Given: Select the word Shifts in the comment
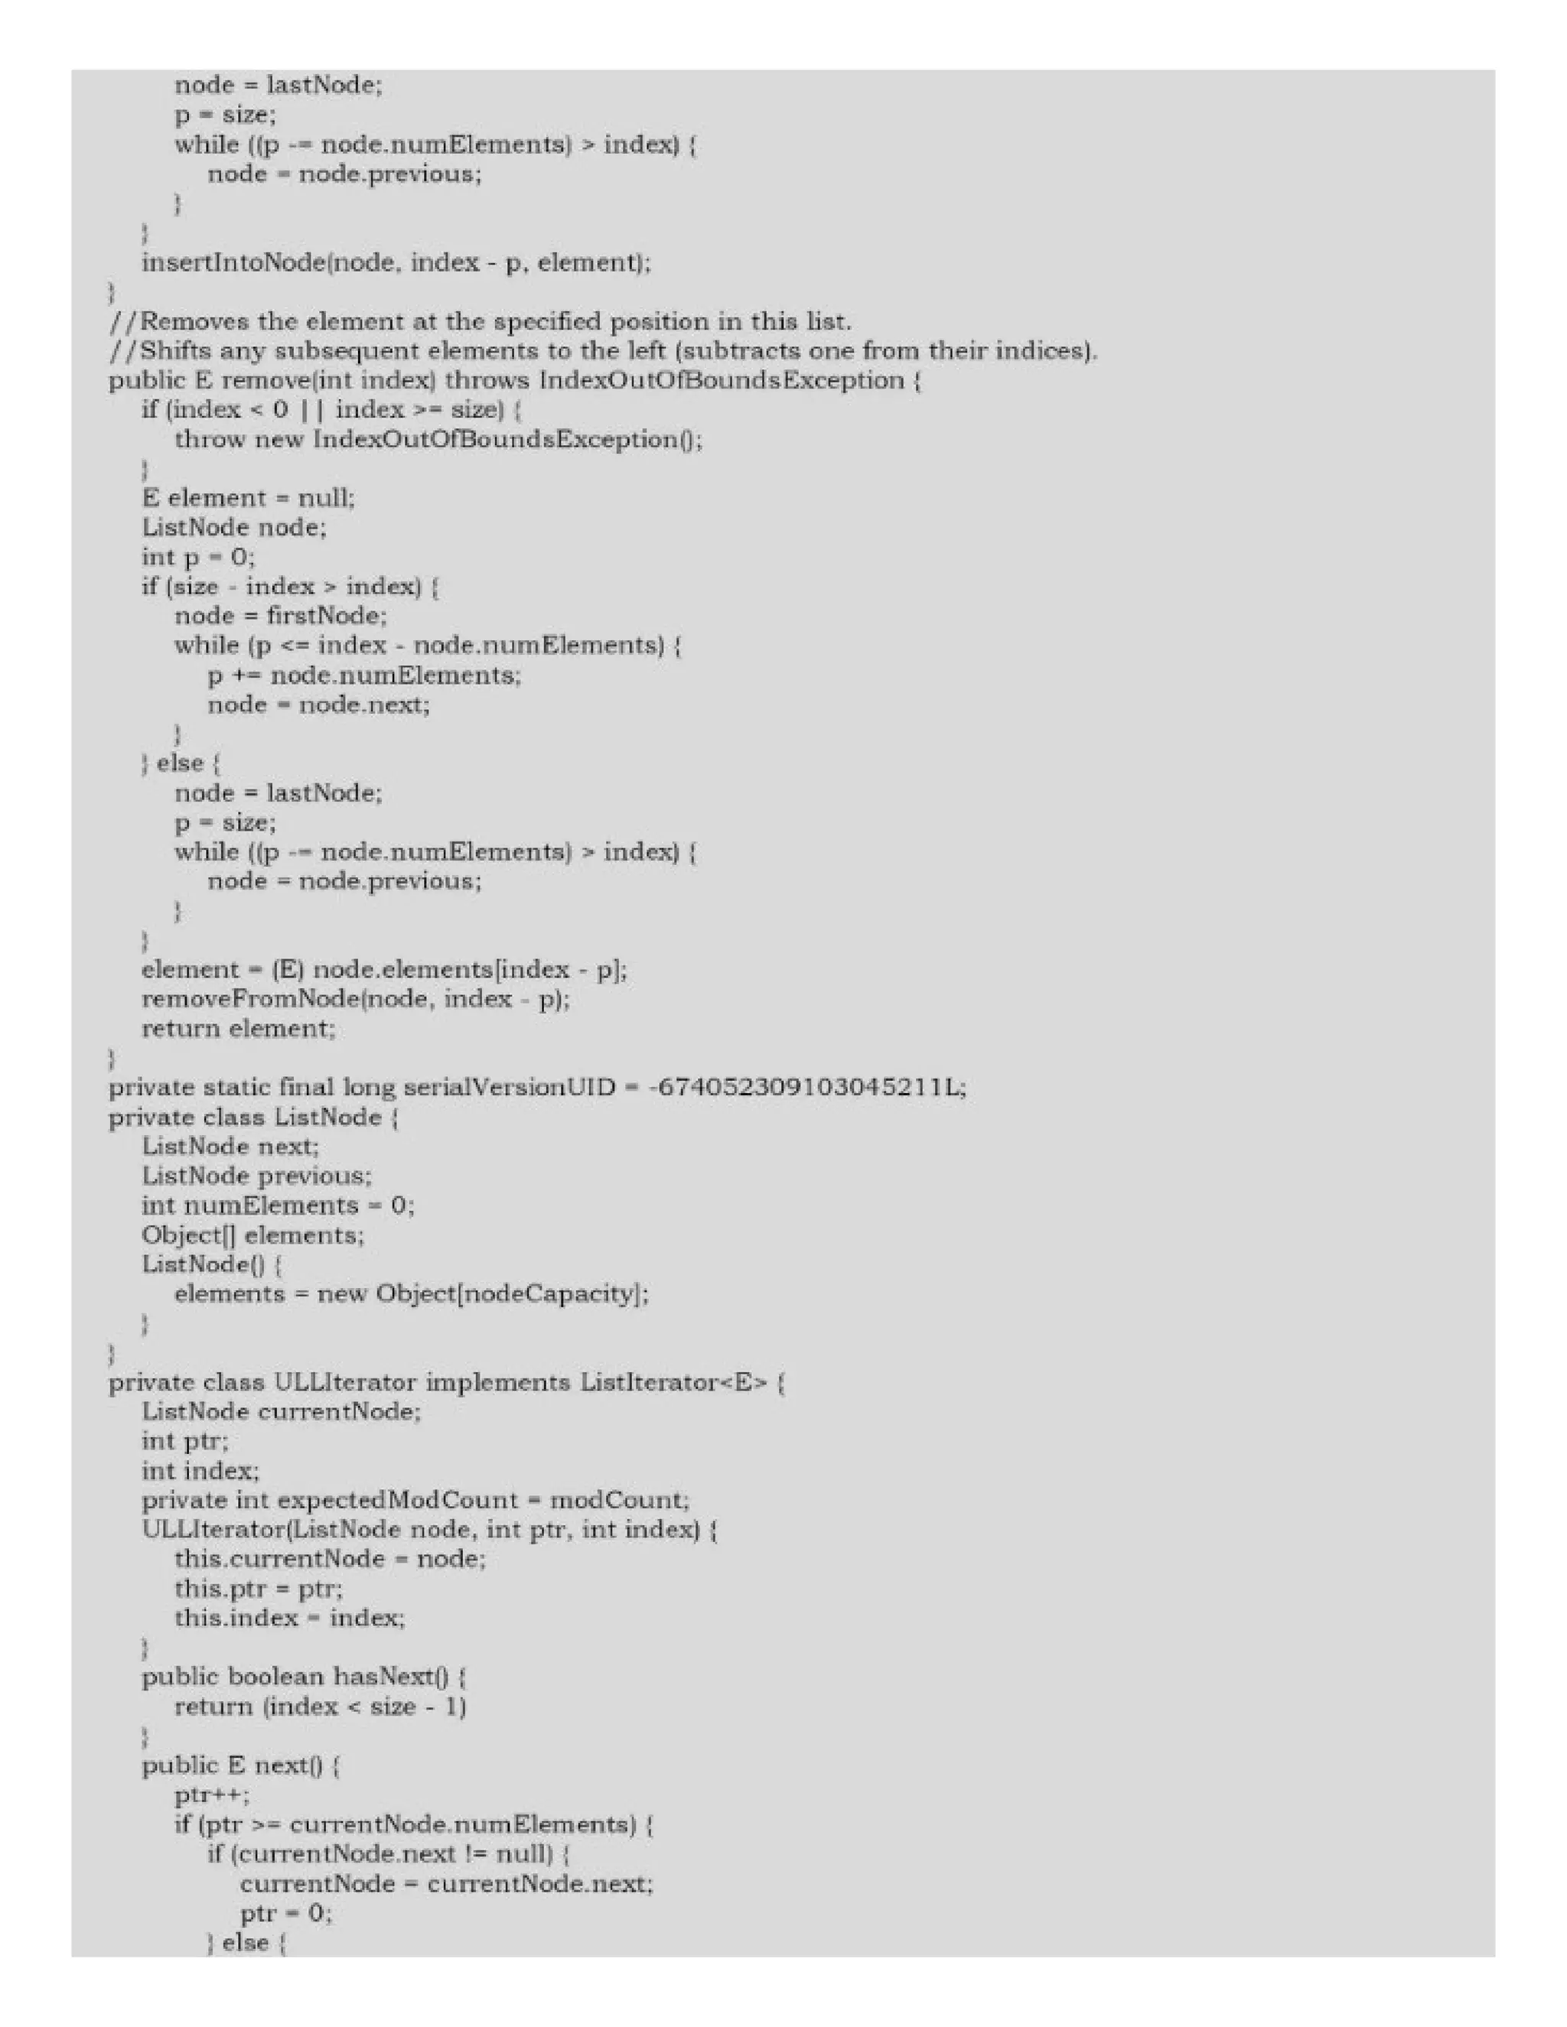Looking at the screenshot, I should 177,352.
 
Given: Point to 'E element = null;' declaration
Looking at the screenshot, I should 248,499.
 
